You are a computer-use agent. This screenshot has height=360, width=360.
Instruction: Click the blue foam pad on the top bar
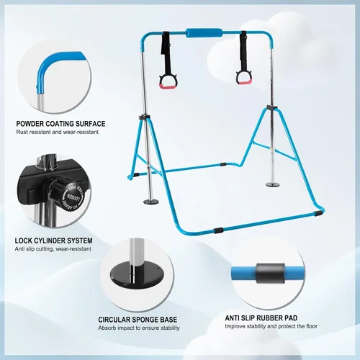tap(204, 33)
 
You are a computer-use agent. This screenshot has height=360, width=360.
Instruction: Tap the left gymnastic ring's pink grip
tap(164, 86)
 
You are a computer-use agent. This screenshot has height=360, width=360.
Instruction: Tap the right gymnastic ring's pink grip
tap(244, 82)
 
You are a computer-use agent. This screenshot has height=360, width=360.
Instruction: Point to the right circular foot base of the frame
tap(274, 184)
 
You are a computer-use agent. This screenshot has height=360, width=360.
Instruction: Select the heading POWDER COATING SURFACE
tap(60, 124)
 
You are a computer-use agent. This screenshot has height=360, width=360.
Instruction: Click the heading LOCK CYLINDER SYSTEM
tap(53, 240)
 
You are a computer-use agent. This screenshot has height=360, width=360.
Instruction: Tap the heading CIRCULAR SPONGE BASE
tap(138, 320)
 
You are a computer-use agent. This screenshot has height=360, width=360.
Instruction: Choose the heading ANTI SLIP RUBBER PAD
tap(261, 318)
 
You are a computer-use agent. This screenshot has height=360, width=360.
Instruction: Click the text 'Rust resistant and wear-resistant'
tap(58, 132)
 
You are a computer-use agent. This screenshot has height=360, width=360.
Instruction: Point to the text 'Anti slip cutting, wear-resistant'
tap(53, 249)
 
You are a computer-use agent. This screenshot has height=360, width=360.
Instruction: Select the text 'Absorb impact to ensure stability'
tap(139, 328)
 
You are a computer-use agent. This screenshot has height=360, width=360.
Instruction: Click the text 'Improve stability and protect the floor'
tap(271, 326)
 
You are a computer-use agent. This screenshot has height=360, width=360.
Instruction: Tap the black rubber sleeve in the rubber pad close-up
tap(271, 274)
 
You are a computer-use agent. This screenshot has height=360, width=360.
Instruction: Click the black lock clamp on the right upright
tap(272, 108)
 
